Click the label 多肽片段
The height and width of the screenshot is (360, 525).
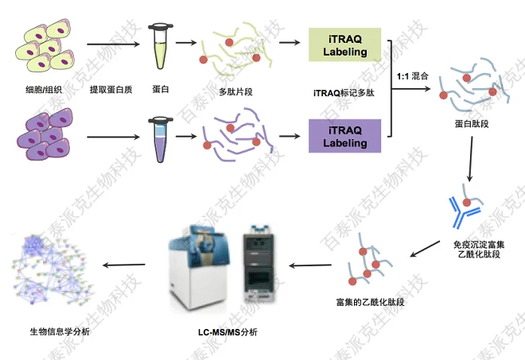coord(235,91)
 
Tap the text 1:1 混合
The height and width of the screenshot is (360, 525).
coord(412,76)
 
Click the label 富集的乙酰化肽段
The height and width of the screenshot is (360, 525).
coord(364,303)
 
